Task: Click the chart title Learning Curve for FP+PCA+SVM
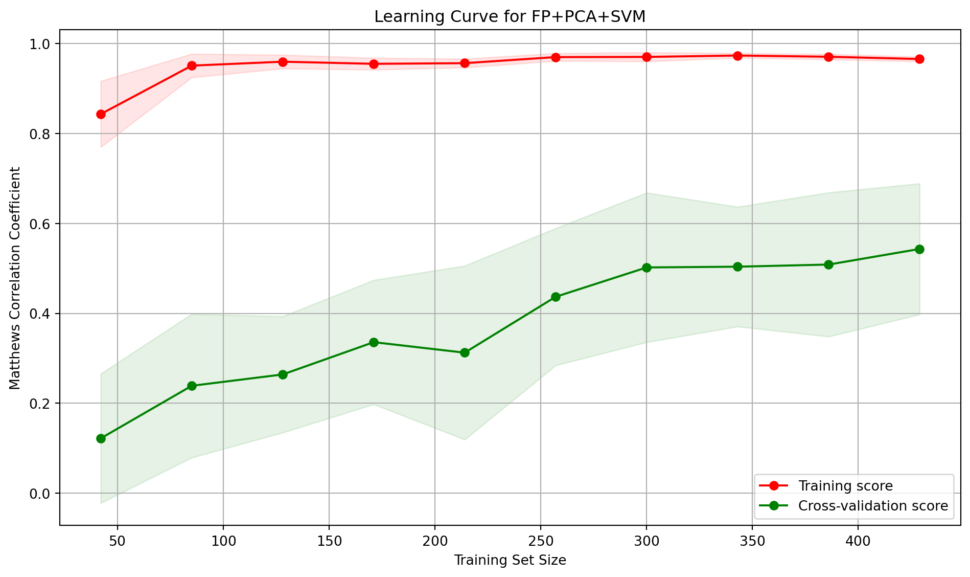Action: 510,17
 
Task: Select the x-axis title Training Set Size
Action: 510,561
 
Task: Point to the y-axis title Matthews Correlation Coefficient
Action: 15,278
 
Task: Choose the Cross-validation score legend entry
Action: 872,506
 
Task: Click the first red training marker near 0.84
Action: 101,114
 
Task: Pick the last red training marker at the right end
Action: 919,59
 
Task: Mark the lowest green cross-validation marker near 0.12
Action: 101,438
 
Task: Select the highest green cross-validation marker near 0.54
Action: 919,249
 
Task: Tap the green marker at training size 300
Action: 646,268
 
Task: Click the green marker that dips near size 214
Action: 465,352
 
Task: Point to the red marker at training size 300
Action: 646,57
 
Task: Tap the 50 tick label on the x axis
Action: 118,540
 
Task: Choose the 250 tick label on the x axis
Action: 540,540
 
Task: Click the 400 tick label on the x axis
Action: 858,540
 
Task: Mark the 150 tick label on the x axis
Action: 329,540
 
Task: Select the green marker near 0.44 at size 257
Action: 556,297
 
